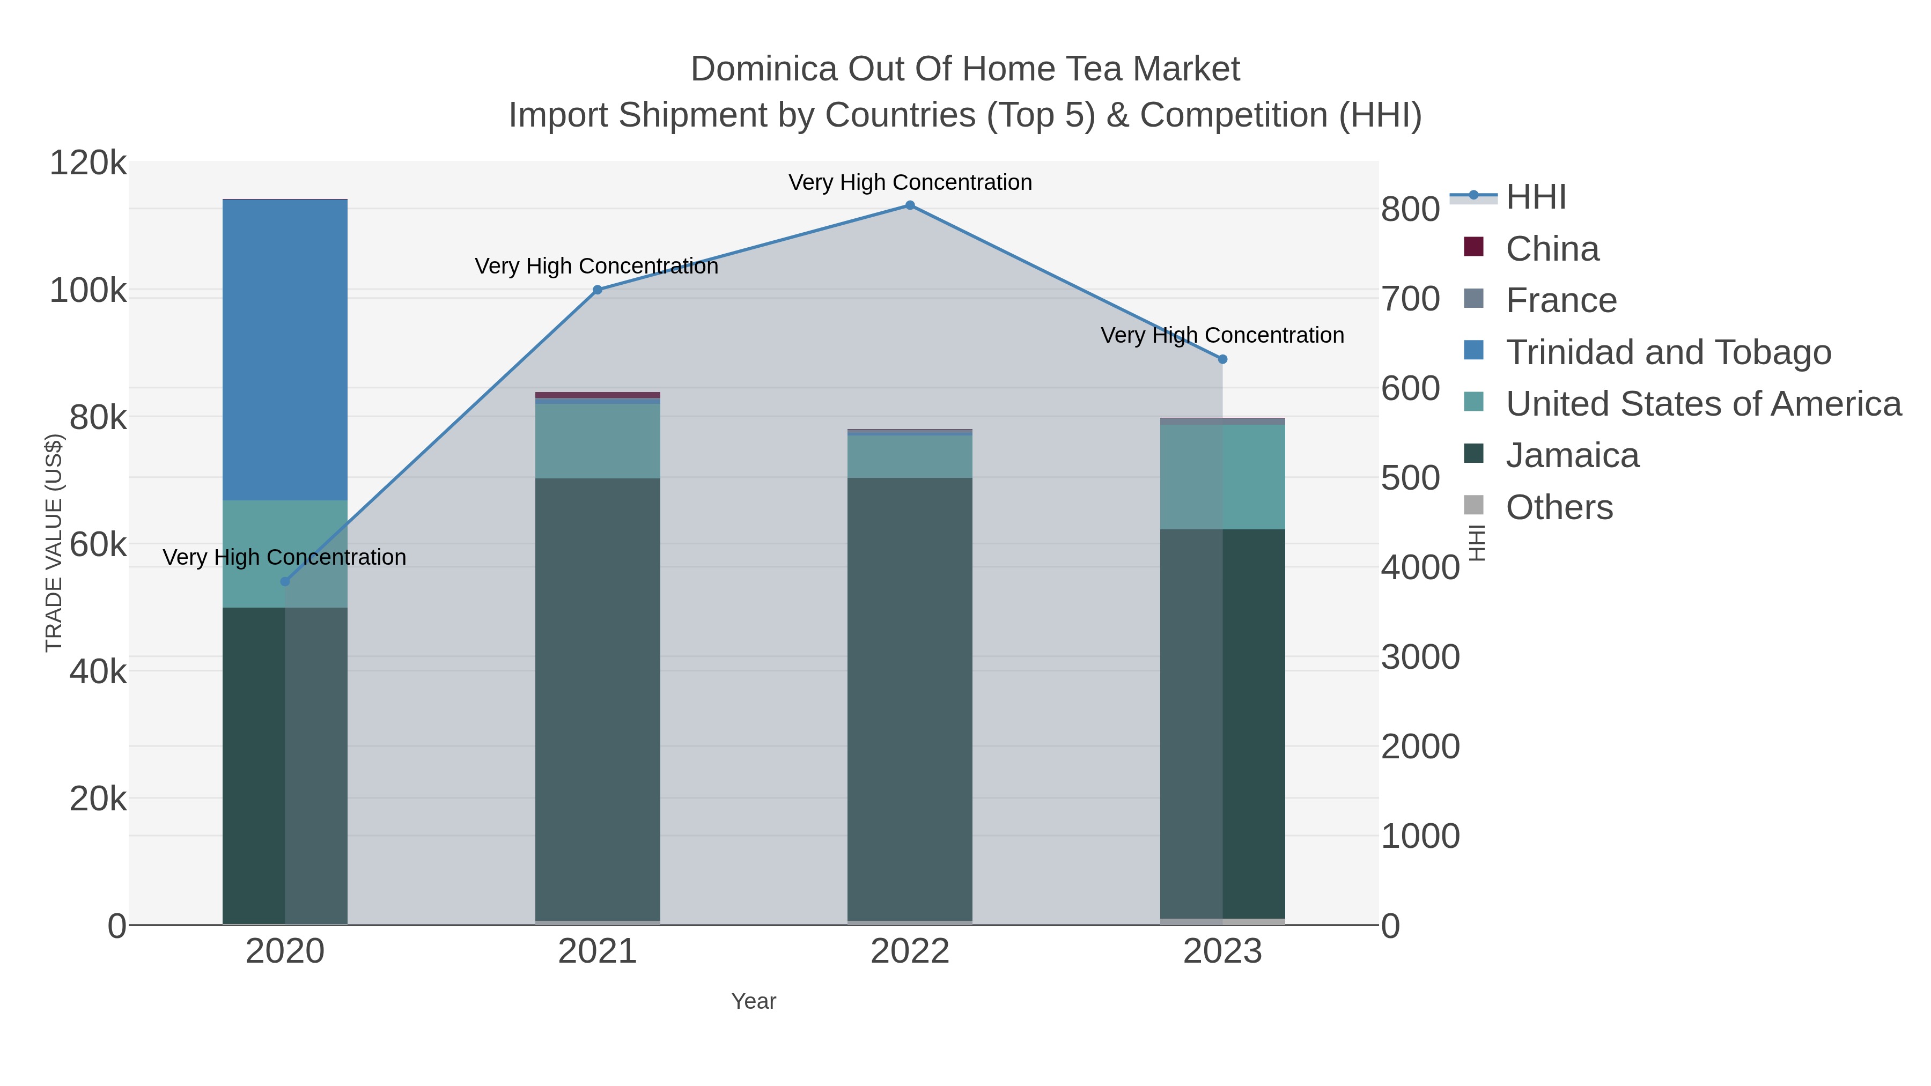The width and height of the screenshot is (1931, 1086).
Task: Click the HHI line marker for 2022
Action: click(x=909, y=205)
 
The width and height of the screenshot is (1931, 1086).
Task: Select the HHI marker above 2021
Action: click(x=598, y=290)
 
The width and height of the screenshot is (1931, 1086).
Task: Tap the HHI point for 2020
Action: click(x=285, y=581)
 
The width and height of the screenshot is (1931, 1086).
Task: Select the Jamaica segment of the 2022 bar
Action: click(x=909, y=697)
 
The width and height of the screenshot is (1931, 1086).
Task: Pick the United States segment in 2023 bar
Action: click(x=1222, y=477)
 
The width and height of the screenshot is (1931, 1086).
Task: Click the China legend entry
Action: click(x=1552, y=249)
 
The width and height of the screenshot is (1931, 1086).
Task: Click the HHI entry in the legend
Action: click(x=1535, y=197)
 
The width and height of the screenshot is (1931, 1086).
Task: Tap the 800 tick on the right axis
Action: click(x=1410, y=210)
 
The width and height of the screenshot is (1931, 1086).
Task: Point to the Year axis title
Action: click(x=754, y=1001)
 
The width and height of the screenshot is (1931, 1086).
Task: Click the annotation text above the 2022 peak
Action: click(x=909, y=182)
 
